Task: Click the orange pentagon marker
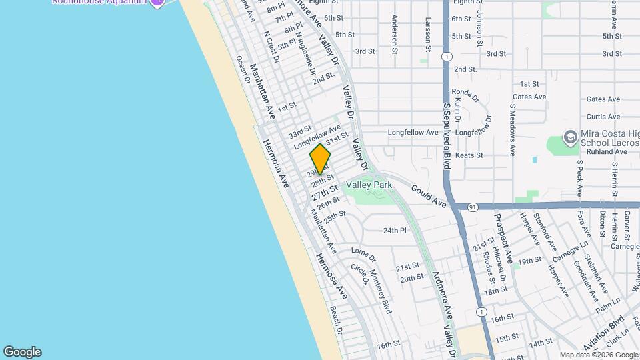tap(321, 159)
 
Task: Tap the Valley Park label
tap(368, 185)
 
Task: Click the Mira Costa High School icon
tap(570, 137)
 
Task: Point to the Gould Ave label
tap(428, 195)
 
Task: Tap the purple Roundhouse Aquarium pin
tap(157, 3)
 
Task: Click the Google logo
tap(22, 352)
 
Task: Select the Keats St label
tap(487, 155)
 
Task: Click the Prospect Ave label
tap(503, 237)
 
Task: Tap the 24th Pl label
tap(395, 231)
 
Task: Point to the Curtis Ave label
tap(603, 116)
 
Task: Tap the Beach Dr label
tap(336, 321)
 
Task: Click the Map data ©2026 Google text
tap(598, 355)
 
